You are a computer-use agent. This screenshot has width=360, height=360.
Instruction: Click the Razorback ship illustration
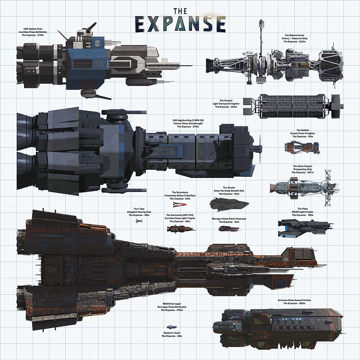tap(180, 204)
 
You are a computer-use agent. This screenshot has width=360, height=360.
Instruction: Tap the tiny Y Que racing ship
tap(139, 221)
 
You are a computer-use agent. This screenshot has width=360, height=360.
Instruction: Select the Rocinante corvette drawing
tap(181, 229)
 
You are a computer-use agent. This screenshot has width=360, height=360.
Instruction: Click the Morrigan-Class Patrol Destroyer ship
tap(229, 229)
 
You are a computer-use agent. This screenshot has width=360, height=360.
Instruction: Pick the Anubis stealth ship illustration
tap(229, 204)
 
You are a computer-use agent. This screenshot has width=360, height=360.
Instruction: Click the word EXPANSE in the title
tap(180, 24)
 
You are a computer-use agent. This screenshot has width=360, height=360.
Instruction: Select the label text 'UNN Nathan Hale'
tap(33, 29)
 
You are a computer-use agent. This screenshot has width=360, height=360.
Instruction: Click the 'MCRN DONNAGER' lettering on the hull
tap(50, 235)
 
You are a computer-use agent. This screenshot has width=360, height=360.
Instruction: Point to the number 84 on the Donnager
tap(215, 291)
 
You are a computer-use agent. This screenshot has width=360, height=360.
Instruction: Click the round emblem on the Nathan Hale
tap(97, 43)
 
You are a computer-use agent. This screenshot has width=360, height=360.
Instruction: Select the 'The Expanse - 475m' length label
tap(172, 310)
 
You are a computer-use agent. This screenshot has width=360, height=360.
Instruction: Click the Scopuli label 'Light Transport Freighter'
tap(226, 104)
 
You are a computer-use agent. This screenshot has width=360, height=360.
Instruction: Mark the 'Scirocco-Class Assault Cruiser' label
tap(294, 300)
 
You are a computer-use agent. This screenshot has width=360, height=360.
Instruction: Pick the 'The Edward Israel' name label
tap(294, 35)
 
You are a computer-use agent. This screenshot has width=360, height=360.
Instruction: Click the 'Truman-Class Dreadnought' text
tap(188, 124)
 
